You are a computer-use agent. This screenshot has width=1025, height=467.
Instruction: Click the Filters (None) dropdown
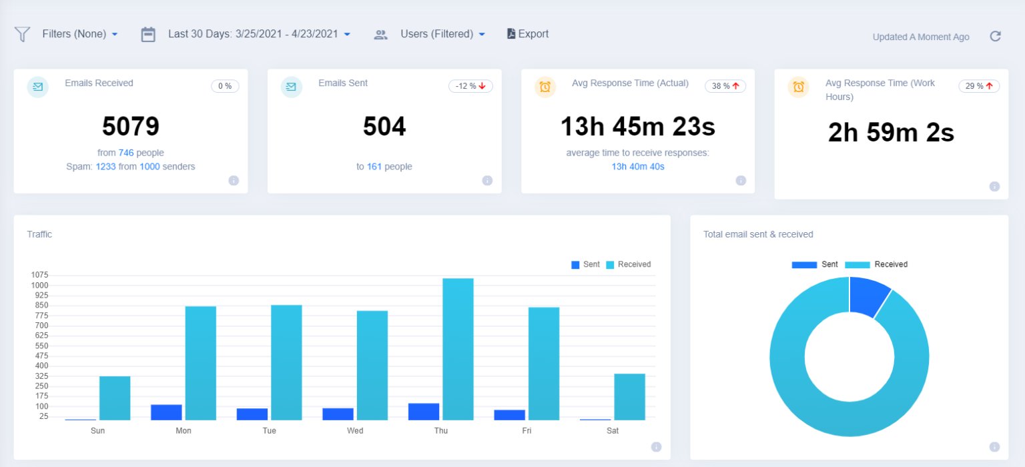click(x=79, y=34)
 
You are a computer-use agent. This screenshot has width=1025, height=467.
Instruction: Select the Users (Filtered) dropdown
click(x=442, y=34)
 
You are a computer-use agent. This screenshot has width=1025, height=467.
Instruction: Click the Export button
click(x=528, y=34)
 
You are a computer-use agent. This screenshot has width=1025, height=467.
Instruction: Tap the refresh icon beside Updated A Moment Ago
click(x=995, y=37)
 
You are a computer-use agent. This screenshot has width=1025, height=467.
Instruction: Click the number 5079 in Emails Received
click(x=131, y=127)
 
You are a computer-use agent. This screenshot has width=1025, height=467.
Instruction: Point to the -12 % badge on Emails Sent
click(x=470, y=86)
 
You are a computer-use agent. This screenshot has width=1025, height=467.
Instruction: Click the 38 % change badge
click(x=725, y=86)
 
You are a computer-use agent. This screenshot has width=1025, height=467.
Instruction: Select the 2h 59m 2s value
click(x=891, y=133)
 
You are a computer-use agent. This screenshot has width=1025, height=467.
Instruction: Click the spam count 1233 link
click(x=105, y=167)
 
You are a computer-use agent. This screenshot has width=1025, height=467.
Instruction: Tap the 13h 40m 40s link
click(x=638, y=167)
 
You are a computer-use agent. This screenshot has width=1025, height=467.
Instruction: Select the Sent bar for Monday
click(x=166, y=412)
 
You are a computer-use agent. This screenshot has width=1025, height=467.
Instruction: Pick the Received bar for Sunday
click(x=115, y=398)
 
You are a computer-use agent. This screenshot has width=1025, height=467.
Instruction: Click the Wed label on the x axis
click(x=355, y=431)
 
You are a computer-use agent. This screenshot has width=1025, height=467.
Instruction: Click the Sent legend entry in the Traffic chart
click(x=585, y=265)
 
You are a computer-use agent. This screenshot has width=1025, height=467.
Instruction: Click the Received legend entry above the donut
click(x=876, y=265)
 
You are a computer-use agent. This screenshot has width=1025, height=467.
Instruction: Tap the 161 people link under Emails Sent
click(x=374, y=167)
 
